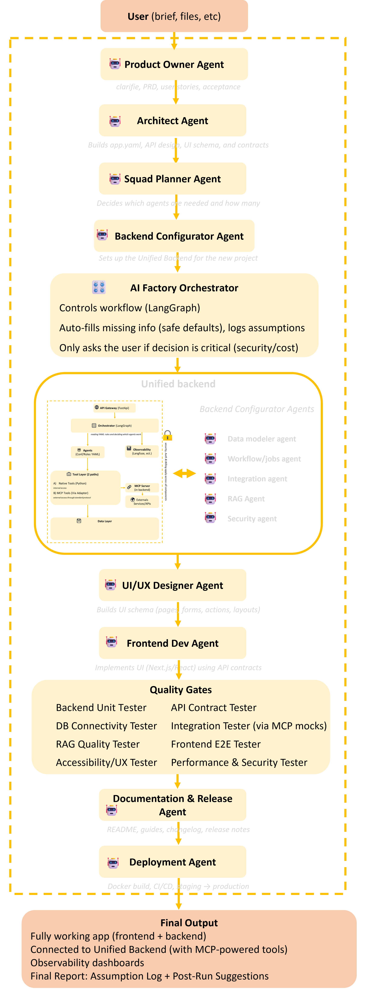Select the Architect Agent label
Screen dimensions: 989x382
click(172, 120)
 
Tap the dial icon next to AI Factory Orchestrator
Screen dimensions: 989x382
click(99, 287)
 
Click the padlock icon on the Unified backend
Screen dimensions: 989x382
click(167, 436)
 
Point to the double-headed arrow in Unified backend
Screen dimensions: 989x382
click(184, 473)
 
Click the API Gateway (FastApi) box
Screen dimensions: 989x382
click(114, 408)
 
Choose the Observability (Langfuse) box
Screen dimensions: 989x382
click(142, 451)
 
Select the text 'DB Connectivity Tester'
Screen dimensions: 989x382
click(106, 726)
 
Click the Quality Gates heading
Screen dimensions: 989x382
click(180, 690)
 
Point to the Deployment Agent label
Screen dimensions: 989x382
click(172, 862)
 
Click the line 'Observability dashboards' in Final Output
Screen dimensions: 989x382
click(87, 963)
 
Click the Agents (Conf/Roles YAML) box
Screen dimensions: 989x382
click(88, 452)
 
